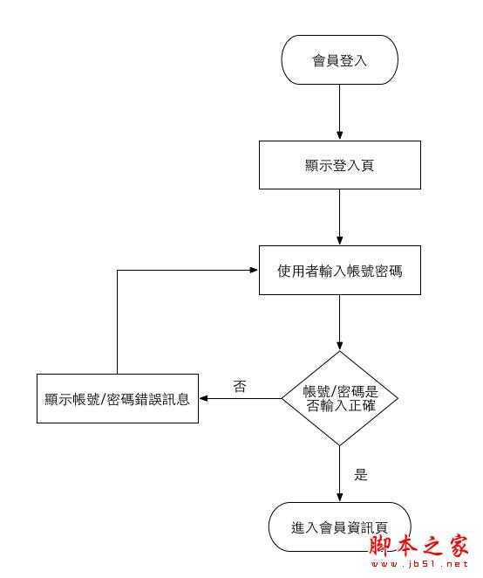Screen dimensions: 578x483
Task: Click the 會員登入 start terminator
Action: tap(339, 60)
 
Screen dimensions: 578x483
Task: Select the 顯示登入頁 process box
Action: tap(339, 165)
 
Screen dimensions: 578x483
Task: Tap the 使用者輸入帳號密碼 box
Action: tap(339, 271)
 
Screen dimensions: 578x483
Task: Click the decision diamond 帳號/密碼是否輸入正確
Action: tap(339, 399)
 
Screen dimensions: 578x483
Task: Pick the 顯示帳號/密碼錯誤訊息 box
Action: tap(117, 400)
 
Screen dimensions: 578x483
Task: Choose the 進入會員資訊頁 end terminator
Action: tap(339, 526)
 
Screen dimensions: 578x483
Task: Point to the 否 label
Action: tap(239, 386)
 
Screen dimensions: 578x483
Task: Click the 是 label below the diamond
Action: tap(361, 475)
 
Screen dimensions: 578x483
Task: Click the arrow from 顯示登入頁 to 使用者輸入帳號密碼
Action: tap(339, 217)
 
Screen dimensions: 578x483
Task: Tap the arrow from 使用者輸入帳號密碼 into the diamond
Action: tap(339, 322)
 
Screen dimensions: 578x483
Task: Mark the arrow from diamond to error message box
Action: tap(240, 400)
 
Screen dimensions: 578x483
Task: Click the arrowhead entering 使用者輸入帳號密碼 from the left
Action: tap(254, 271)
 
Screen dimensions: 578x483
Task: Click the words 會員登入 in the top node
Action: tap(339, 60)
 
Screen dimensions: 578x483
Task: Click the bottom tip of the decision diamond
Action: tap(339, 446)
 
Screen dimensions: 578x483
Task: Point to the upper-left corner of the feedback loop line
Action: tap(117, 271)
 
